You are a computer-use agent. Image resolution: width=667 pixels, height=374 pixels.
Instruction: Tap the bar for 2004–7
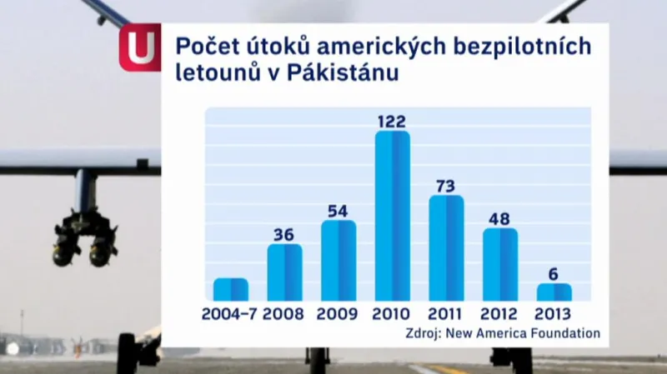[x=231, y=289]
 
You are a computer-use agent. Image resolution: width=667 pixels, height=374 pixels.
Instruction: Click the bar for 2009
[x=339, y=260]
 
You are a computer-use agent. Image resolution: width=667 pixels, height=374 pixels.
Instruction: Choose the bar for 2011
[x=446, y=247]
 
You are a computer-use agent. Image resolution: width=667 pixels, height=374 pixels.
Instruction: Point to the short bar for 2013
[x=554, y=292]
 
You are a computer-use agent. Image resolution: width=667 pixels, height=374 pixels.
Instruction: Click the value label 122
[x=392, y=121]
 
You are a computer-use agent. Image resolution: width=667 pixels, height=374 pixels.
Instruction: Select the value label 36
[x=284, y=234]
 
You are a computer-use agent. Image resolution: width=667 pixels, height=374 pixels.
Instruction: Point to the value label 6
[x=554, y=273]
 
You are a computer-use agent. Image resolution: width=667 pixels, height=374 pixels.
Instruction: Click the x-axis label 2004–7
[x=230, y=314]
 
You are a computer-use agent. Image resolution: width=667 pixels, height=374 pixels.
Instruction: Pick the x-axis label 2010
[x=392, y=314]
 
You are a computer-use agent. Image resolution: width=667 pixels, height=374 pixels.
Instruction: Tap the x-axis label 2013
[x=554, y=314]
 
